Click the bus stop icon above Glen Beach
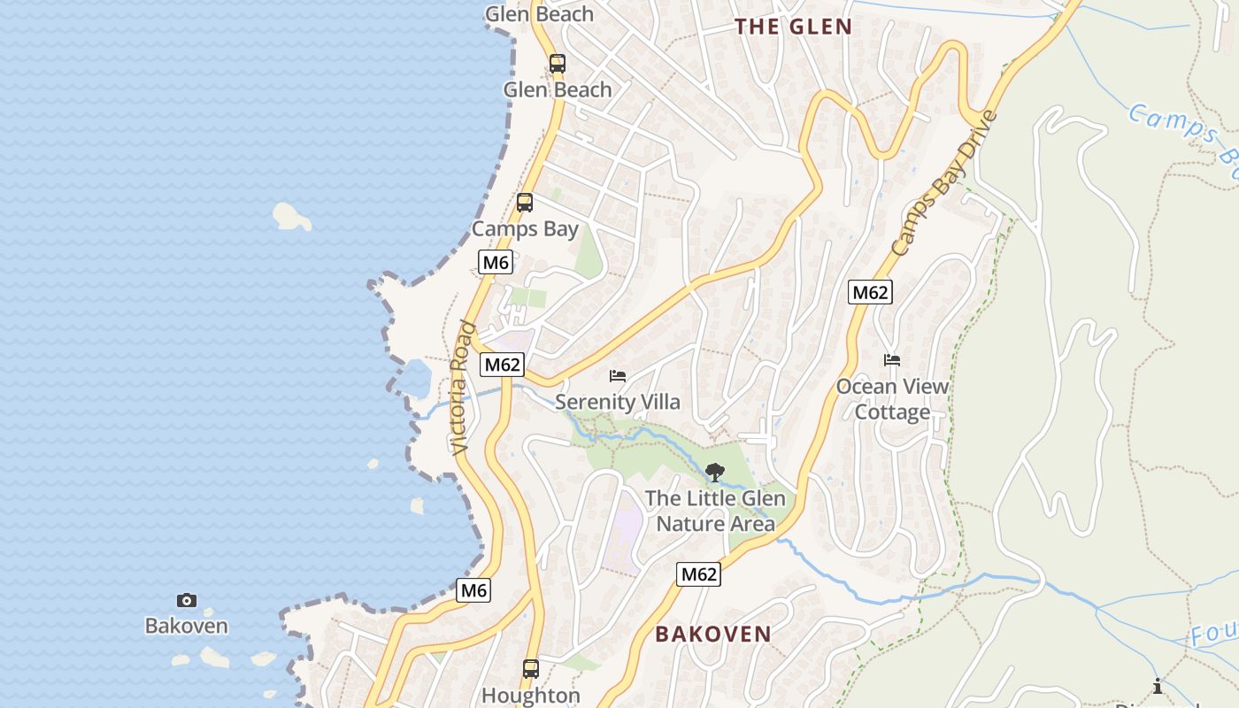pyautogui.click(x=557, y=64)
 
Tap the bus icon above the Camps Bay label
pyautogui.click(x=525, y=203)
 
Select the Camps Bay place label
pyautogui.click(x=525, y=229)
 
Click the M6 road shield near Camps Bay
pyautogui.click(x=496, y=262)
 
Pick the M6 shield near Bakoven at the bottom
pyautogui.click(x=473, y=590)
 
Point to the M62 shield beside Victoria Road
pyautogui.click(x=503, y=365)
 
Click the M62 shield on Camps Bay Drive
pyautogui.click(x=870, y=292)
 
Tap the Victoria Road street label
pyautogui.click(x=463, y=389)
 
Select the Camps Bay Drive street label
pyautogui.click(x=943, y=184)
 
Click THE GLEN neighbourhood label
pyautogui.click(x=793, y=27)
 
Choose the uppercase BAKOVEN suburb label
pyautogui.click(x=713, y=634)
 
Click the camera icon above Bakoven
pyautogui.click(x=186, y=601)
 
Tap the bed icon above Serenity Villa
pyautogui.click(x=618, y=376)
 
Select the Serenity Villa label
pyautogui.click(x=618, y=403)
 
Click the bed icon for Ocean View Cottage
pyautogui.click(x=892, y=360)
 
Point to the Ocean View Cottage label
pyautogui.click(x=892, y=399)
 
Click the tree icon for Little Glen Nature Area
pyautogui.click(x=715, y=473)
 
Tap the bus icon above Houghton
pyautogui.click(x=531, y=669)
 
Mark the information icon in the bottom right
pyautogui.click(x=1157, y=686)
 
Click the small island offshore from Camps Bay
pyautogui.click(x=291, y=216)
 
